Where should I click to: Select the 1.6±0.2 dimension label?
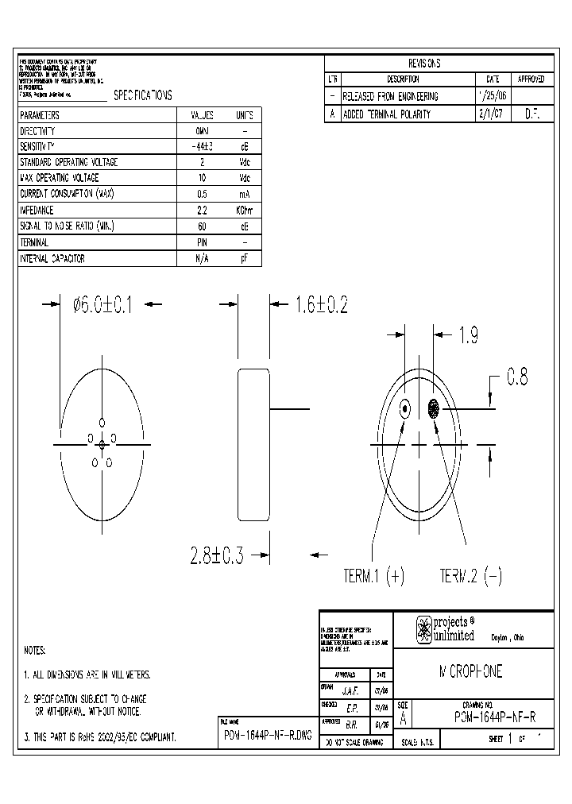(321, 304)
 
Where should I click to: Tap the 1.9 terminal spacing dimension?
(467, 336)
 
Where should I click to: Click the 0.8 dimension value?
(517, 377)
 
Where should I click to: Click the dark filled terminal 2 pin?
(434, 410)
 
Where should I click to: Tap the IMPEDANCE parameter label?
(37, 211)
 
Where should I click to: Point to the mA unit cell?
(245, 195)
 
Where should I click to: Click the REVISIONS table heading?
(424, 64)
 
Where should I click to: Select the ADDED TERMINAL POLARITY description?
(386, 114)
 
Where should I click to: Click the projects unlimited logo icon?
(424, 630)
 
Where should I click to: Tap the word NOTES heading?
(35, 650)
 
